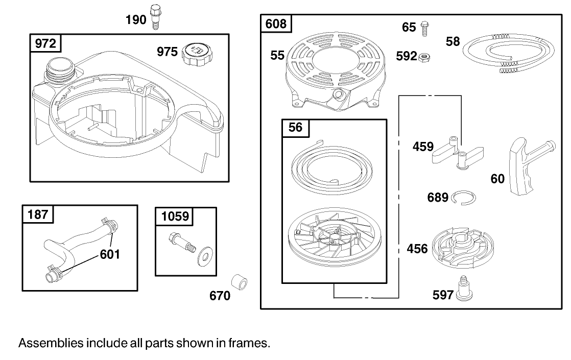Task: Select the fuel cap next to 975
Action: pos(197,55)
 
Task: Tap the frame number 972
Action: pos(45,43)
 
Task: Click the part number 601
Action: pos(110,254)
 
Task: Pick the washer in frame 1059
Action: pos(205,257)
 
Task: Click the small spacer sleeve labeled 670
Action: pos(239,282)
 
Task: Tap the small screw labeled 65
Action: pos(424,29)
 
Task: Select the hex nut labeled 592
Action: pos(424,57)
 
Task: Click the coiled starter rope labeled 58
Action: pos(509,53)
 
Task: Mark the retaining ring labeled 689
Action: pos(463,198)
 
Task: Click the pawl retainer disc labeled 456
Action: pos(463,248)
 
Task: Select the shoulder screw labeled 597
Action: pos(463,289)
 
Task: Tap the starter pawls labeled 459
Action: pos(458,153)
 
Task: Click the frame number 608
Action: pos(276,23)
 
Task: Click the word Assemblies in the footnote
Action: pos(51,343)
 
